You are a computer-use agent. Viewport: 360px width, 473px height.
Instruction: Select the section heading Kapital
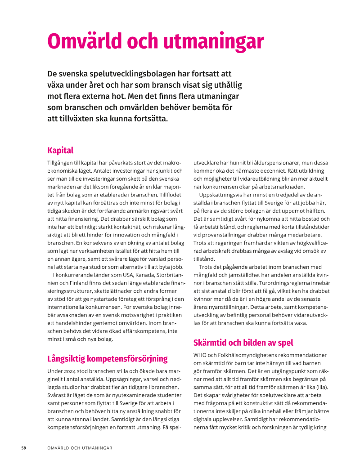[x=60, y=150]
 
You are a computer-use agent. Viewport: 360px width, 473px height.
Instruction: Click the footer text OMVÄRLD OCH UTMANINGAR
[x=80, y=448]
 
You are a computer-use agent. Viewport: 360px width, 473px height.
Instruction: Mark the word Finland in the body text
[x=76, y=283]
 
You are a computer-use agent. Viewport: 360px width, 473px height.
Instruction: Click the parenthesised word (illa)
[x=321, y=387]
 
